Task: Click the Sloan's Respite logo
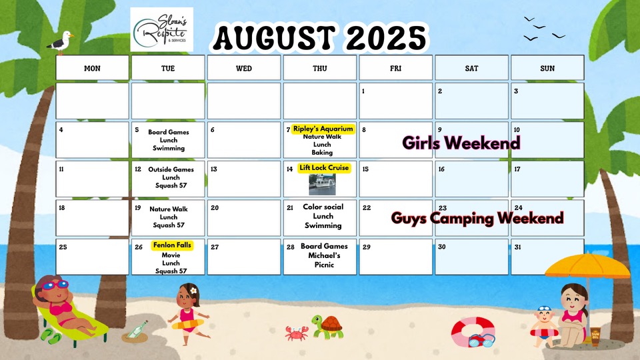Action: click(161, 29)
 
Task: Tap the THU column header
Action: click(319, 68)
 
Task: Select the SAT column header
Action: click(471, 68)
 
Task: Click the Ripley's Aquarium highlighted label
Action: click(323, 129)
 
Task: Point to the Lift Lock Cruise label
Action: click(324, 168)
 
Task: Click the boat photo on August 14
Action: click(322, 185)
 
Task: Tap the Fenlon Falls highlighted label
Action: click(172, 245)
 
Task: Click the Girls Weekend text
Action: click(461, 143)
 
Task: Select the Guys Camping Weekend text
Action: click(477, 218)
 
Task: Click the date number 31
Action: click(517, 247)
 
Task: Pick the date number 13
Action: click(214, 169)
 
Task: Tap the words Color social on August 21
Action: click(323, 207)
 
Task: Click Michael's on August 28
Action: click(324, 255)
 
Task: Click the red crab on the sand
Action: click(297, 333)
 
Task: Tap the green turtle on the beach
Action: click(327, 326)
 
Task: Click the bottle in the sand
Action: click(137, 330)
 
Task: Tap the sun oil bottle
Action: click(595, 336)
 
